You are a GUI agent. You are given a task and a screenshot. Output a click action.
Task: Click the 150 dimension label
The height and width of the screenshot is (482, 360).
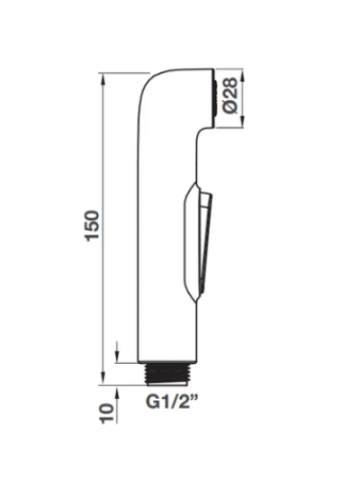(x=93, y=225)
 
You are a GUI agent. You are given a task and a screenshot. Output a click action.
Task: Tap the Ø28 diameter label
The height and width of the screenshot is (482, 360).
(x=231, y=95)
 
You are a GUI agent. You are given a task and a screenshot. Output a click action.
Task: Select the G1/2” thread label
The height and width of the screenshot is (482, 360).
(x=172, y=402)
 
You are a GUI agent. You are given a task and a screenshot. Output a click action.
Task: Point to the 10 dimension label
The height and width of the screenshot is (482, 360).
(x=107, y=414)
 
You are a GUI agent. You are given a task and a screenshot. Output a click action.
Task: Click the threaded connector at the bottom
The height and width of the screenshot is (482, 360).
(x=166, y=374)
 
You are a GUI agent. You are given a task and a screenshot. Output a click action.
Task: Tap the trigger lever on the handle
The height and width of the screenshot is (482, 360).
(x=205, y=241)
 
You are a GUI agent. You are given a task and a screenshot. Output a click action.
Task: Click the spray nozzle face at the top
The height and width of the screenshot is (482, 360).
(x=215, y=98)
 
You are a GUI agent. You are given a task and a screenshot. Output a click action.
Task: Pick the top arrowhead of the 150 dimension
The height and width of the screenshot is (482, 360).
(x=103, y=81)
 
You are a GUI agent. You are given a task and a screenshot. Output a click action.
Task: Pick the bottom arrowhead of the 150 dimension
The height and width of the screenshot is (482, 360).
(x=103, y=377)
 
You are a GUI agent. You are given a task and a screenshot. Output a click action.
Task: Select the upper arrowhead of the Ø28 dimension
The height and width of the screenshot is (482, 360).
(x=243, y=77)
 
